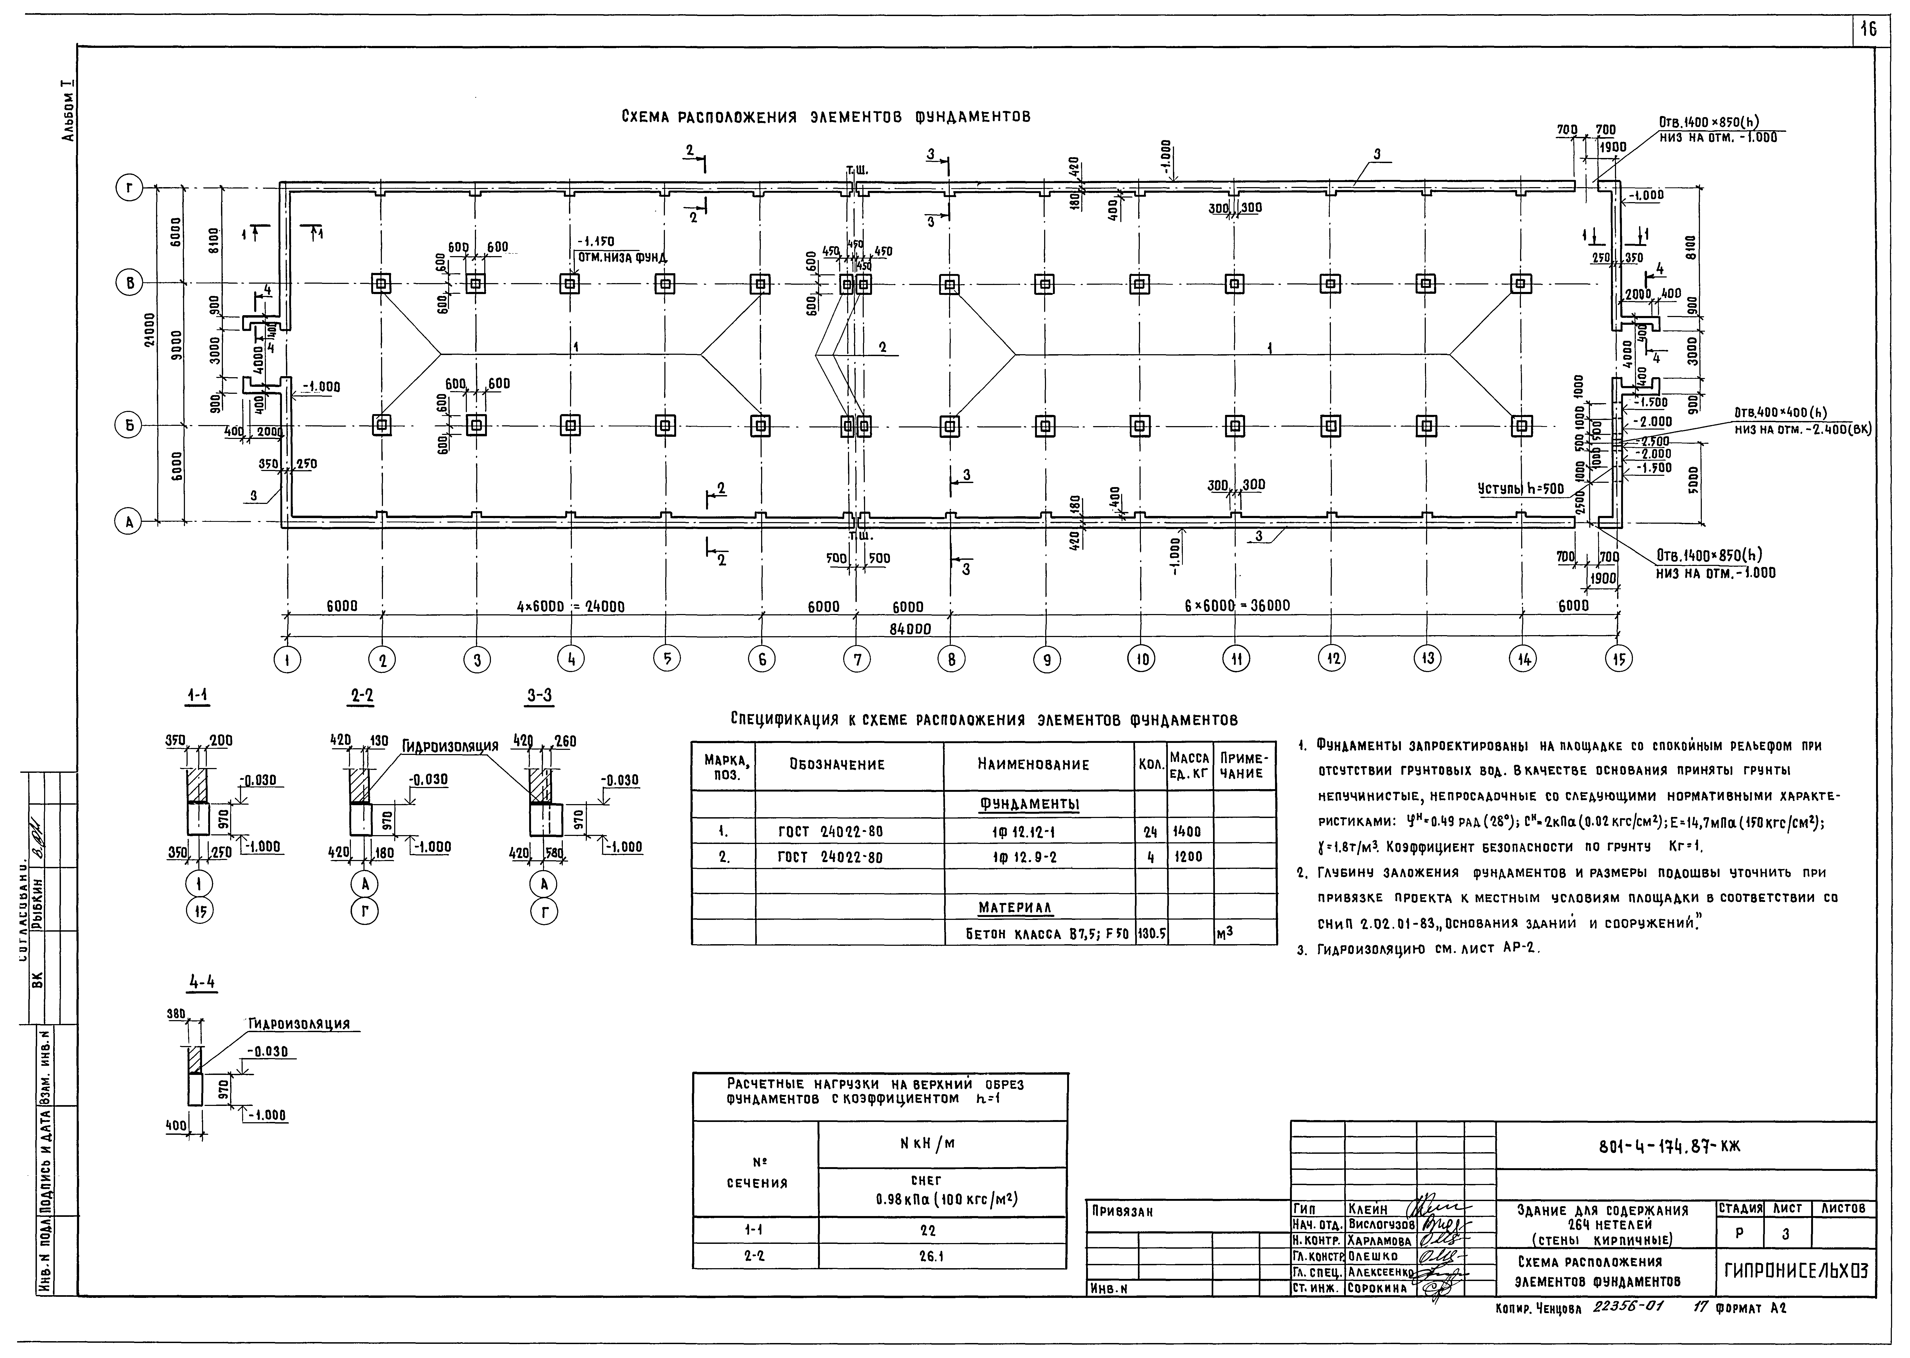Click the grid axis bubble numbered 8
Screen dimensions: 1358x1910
click(x=950, y=660)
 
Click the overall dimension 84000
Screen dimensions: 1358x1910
click(x=909, y=628)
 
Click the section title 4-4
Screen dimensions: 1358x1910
click(x=202, y=983)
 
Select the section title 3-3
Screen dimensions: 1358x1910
click(x=539, y=696)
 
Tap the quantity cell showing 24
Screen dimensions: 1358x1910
click(x=1150, y=831)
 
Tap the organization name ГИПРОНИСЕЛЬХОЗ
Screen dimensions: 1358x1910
click(x=1794, y=1270)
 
